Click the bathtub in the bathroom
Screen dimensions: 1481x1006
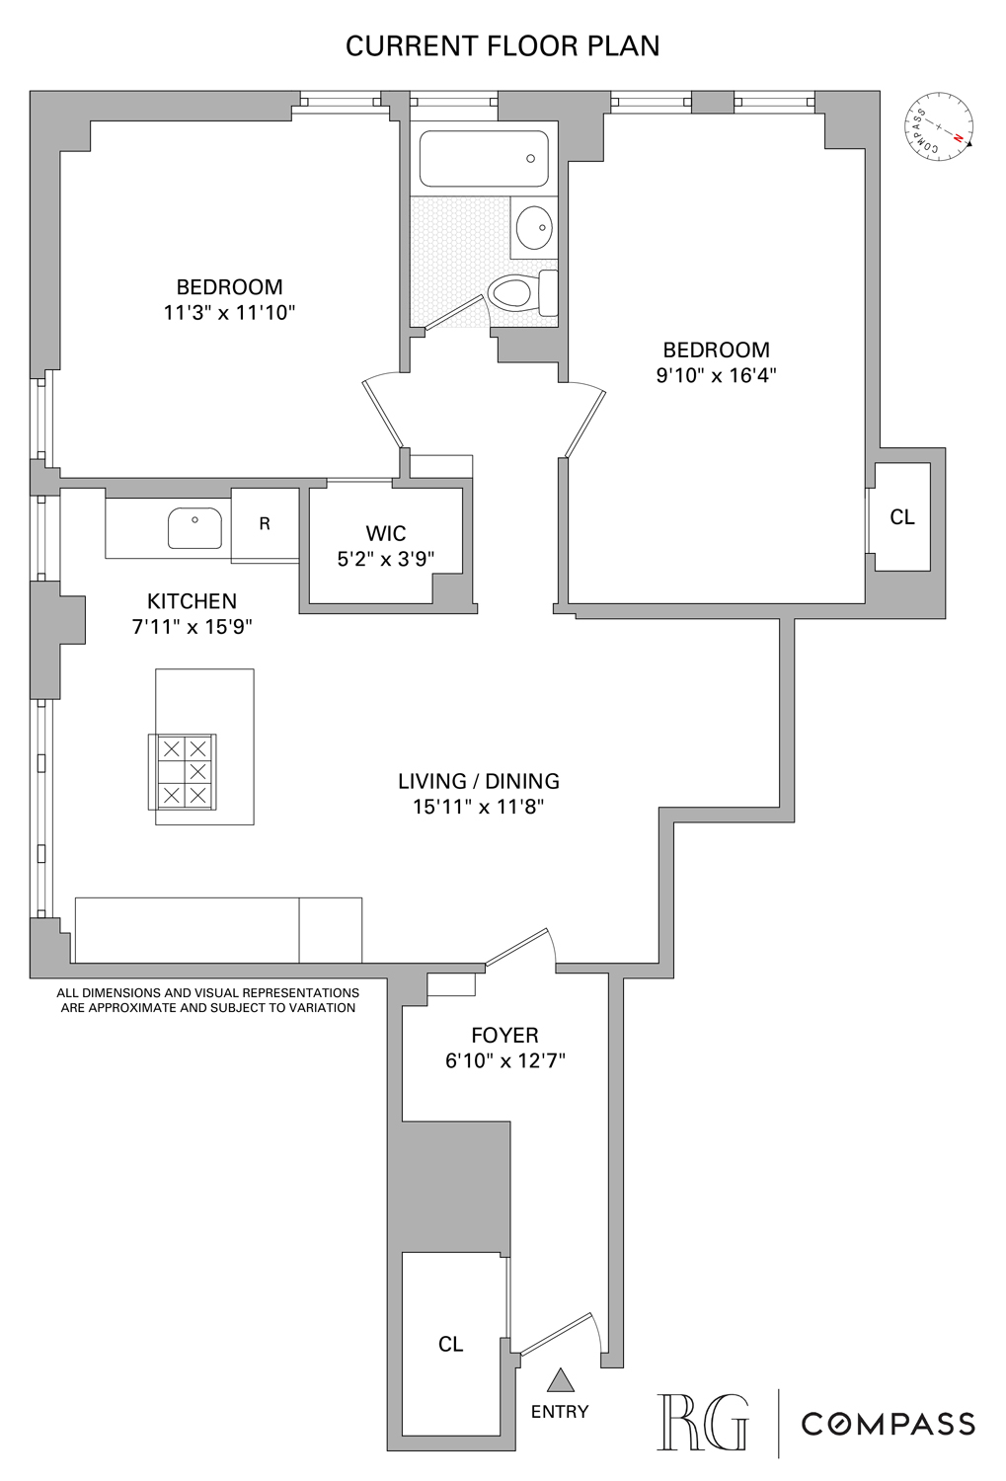coord(483,159)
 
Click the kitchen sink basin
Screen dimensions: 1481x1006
coord(194,528)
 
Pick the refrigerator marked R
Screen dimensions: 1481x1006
coord(265,524)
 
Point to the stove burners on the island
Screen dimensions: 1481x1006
coord(183,771)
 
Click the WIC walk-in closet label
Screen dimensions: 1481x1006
coord(386,534)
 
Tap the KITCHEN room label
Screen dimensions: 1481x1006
coord(192,601)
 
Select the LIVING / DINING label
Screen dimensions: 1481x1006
coord(479,781)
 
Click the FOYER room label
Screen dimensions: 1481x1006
coord(504,1036)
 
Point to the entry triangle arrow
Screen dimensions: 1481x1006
coord(560,1379)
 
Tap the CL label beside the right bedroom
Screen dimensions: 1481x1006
coord(902,516)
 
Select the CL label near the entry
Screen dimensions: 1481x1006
coord(451,1344)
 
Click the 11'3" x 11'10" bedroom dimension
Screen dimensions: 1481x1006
coord(230,313)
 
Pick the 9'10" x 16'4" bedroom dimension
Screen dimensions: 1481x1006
coord(716,375)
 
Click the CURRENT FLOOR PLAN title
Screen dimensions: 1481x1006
coord(503,46)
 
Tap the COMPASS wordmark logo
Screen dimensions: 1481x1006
coord(888,1423)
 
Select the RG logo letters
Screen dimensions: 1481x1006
coord(703,1423)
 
